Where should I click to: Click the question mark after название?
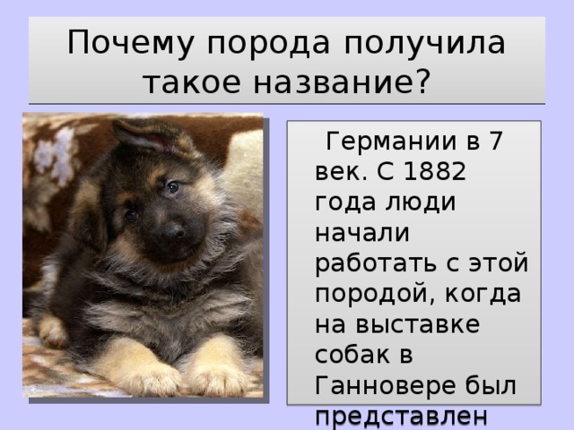pos(422,80)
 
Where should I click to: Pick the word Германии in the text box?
pos(391,142)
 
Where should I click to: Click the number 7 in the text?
pos(495,141)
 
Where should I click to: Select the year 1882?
pos(434,171)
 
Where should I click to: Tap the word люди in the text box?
pos(421,202)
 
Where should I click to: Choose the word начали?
pos(362,233)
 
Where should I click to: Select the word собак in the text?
pos(352,355)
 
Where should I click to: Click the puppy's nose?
pos(174,231)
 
